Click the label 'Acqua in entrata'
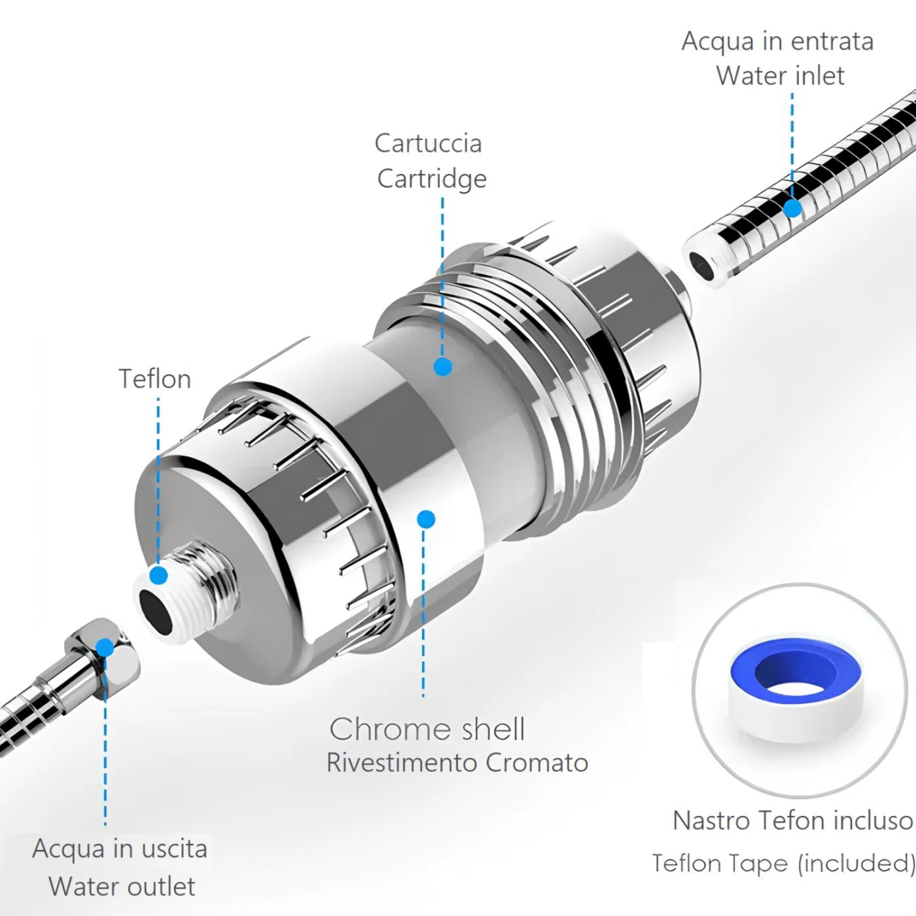pos(778,41)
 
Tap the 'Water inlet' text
pos(781,76)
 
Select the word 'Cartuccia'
pos(429,143)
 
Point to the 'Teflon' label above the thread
pos(155,379)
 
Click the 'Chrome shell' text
pos(427,729)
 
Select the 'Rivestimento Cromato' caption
pos(457,763)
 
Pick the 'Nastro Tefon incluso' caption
pos(793,820)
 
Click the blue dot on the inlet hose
pos(792,208)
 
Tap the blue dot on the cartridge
pos(443,366)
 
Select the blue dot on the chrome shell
pos(426,519)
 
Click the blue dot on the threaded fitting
pos(158,576)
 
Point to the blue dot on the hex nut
pos(105,648)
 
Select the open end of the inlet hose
pos(701,267)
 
